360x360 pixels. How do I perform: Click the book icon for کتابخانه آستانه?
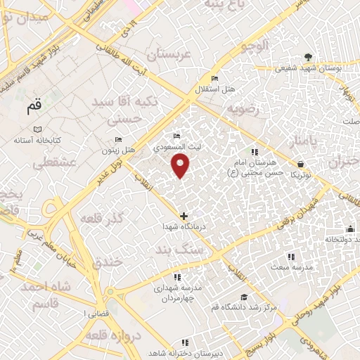38,129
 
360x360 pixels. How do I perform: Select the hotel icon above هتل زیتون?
117,139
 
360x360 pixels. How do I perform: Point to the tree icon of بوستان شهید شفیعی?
307,56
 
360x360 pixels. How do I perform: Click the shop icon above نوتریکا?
300,164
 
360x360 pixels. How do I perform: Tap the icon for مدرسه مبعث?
291,257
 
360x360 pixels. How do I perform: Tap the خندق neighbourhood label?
108,262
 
